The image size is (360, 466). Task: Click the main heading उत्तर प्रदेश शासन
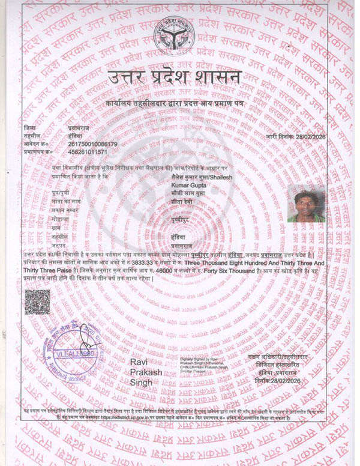175,77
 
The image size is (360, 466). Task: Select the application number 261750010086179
93,145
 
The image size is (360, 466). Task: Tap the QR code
37,301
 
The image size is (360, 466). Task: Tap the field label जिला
30,129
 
